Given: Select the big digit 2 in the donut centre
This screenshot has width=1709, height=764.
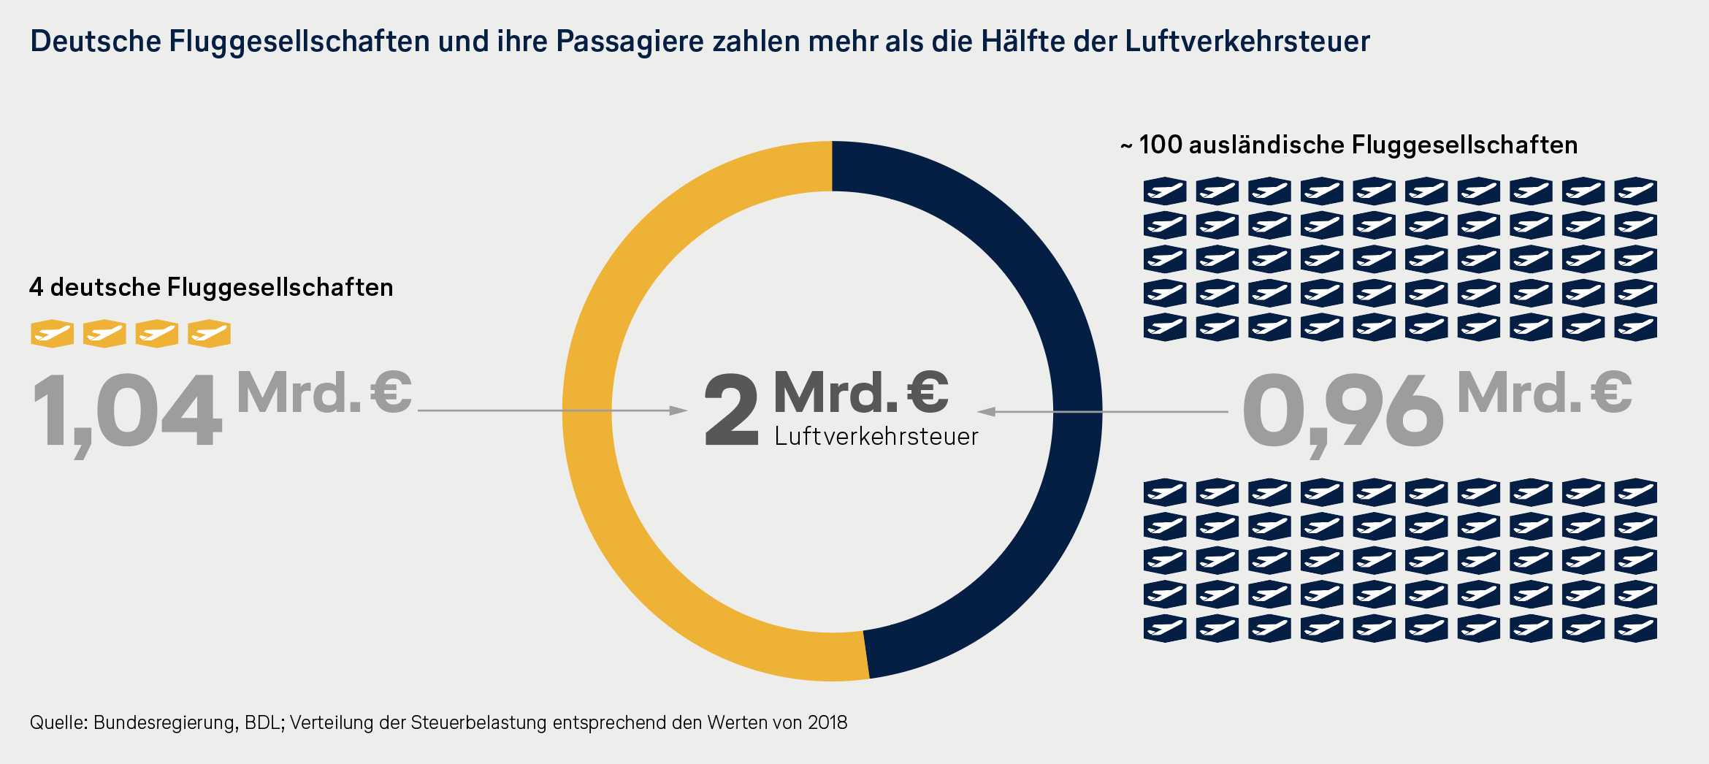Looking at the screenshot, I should point(731,410).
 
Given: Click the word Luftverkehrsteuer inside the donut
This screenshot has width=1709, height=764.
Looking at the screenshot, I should point(876,437).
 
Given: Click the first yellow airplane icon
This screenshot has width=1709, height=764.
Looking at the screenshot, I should point(52,334).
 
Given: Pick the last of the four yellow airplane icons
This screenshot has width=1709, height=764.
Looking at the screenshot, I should point(210,334).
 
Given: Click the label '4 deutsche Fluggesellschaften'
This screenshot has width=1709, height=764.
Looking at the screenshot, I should point(211,288).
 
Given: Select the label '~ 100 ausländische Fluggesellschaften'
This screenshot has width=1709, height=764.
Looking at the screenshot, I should point(1349,145).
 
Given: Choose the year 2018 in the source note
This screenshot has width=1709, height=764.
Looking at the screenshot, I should point(827,723).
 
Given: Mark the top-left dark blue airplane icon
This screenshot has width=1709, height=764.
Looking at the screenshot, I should point(1165,191).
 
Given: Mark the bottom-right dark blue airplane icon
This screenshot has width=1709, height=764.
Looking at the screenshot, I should point(1635,628).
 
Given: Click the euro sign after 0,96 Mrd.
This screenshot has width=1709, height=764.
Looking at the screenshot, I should point(1612,393).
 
